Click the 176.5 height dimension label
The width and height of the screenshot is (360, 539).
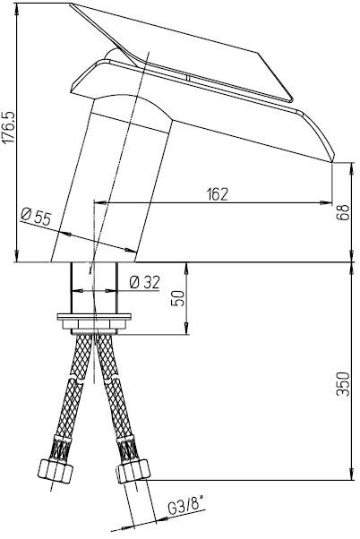(x=8, y=127)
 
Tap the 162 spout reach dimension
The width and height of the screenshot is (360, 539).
(x=218, y=194)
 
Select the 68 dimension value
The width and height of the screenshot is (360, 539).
(x=343, y=212)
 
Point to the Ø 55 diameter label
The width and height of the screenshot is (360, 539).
(x=36, y=217)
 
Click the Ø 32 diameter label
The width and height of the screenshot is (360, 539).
(x=145, y=283)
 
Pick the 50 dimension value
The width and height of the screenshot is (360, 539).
(x=178, y=297)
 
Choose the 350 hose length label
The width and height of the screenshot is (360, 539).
(x=343, y=384)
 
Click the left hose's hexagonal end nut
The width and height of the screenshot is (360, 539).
(x=56, y=471)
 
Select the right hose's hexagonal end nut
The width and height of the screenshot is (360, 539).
(x=133, y=472)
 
